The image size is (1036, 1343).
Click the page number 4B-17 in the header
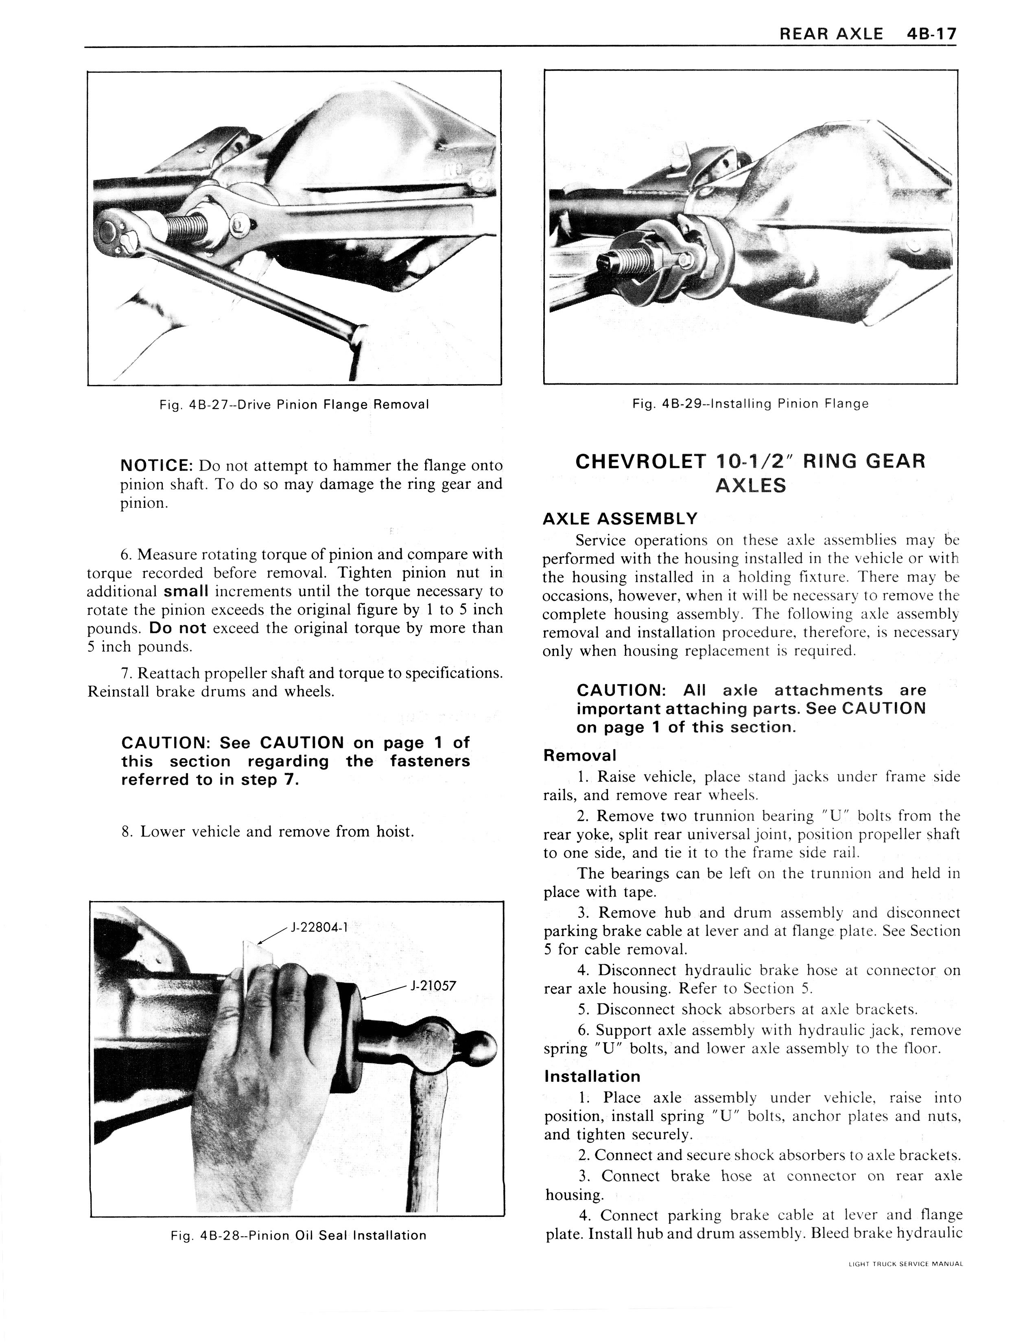tap(931, 33)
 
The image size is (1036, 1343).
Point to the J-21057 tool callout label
tap(433, 985)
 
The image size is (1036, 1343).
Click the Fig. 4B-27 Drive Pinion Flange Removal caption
tap(294, 405)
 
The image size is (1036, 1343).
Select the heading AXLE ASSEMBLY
tap(620, 518)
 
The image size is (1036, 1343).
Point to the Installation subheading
tap(592, 1076)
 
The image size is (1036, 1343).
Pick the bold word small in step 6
tap(186, 591)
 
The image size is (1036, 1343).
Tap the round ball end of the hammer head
tap(481, 1046)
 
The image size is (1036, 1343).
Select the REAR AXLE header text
tap(831, 33)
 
